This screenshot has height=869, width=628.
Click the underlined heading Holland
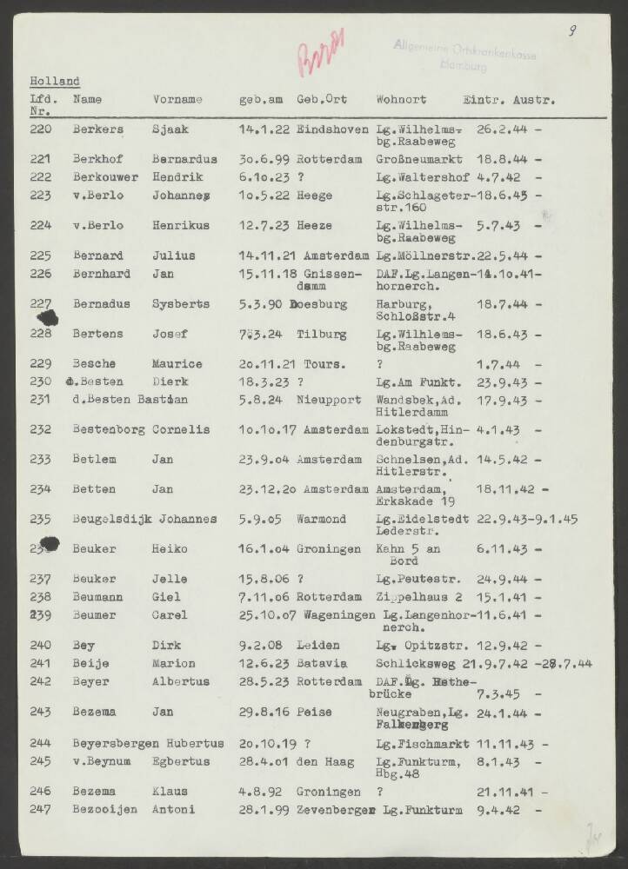pyautogui.click(x=54, y=82)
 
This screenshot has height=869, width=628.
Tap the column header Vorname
pyautogui.click(x=177, y=100)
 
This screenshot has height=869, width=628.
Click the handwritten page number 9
pyautogui.click(x=572, y=32)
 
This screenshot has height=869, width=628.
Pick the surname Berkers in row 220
pyautogui.click(x=98, y=129)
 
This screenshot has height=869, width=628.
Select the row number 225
pyautogui.click(x=41, y=255)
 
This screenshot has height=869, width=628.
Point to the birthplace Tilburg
pyautogui.click(x=316, y=335)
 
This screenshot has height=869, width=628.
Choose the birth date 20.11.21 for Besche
pyautogui.click(x=264, y=363)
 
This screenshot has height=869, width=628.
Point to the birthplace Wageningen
pyautogui.click(x=336, y=615)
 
